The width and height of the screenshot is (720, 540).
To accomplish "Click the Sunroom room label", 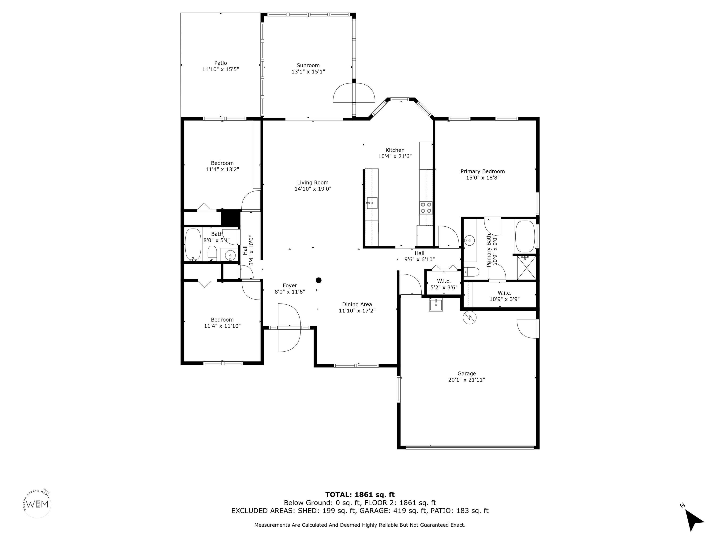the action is pos(308,65).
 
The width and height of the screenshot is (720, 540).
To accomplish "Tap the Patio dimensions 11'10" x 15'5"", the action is pos(221,69).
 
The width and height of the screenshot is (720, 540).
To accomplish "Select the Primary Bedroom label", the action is pos(482,172).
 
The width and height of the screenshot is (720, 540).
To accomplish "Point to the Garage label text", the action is pos(466,374).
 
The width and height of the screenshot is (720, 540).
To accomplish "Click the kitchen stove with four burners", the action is pos(426,208).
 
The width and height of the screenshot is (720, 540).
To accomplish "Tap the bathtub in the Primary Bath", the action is pos(525,237).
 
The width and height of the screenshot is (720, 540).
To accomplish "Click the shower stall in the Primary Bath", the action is pos(526,268).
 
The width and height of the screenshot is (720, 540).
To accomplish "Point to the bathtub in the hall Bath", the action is pos(193,244).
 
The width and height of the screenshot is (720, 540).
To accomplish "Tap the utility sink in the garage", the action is pos(436,305).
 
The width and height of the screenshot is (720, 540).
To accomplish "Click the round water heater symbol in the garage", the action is pos(470,318).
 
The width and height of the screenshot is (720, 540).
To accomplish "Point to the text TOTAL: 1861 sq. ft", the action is pos(360,495).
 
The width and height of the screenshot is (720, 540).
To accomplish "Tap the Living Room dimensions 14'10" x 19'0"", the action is pos(313,189).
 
